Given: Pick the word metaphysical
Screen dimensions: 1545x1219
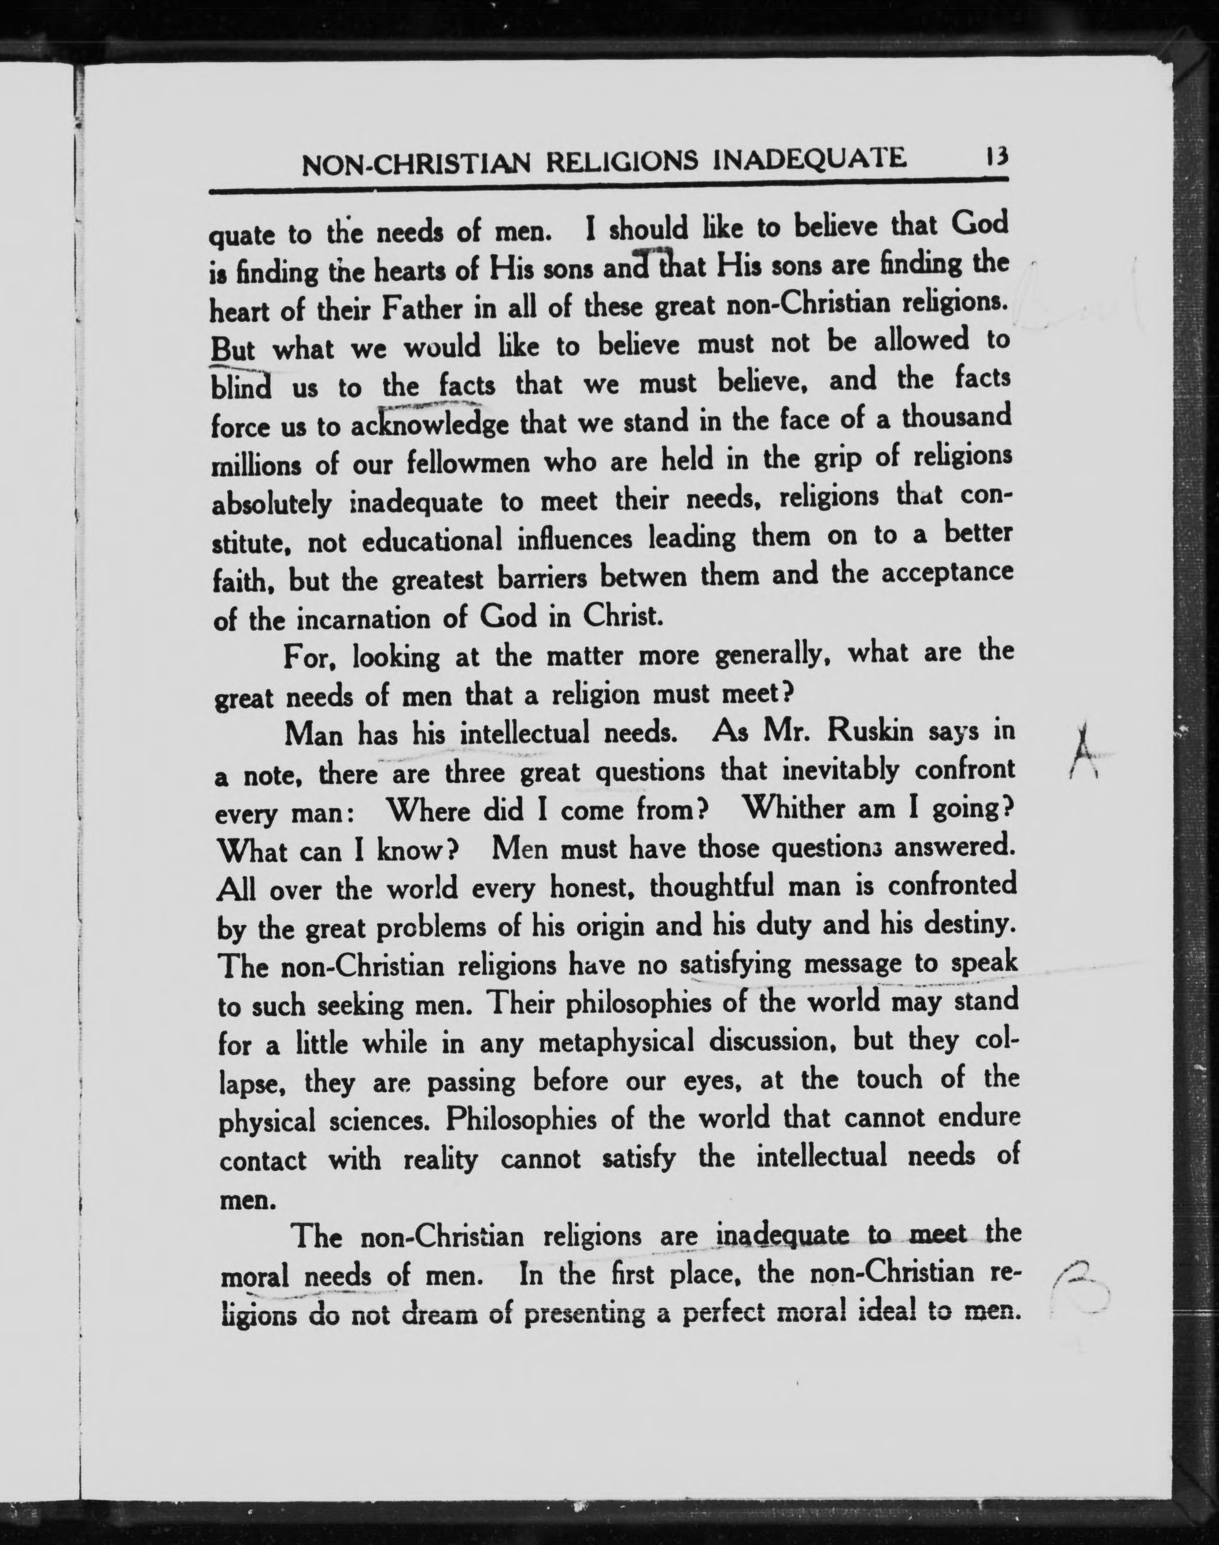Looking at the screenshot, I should point(615,1043).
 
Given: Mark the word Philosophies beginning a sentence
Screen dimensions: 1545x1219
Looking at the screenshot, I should point(520,1119).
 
